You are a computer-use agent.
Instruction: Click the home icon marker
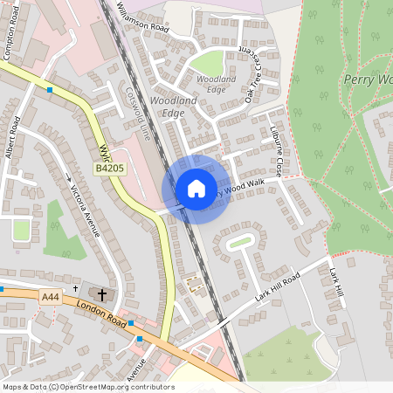(196, 189)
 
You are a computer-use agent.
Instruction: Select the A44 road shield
(52, 297)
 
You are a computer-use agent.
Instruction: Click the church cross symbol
(101, 294)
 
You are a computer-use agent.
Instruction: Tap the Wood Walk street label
(244, 186)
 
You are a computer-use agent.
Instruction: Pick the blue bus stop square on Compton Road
(50, 89)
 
